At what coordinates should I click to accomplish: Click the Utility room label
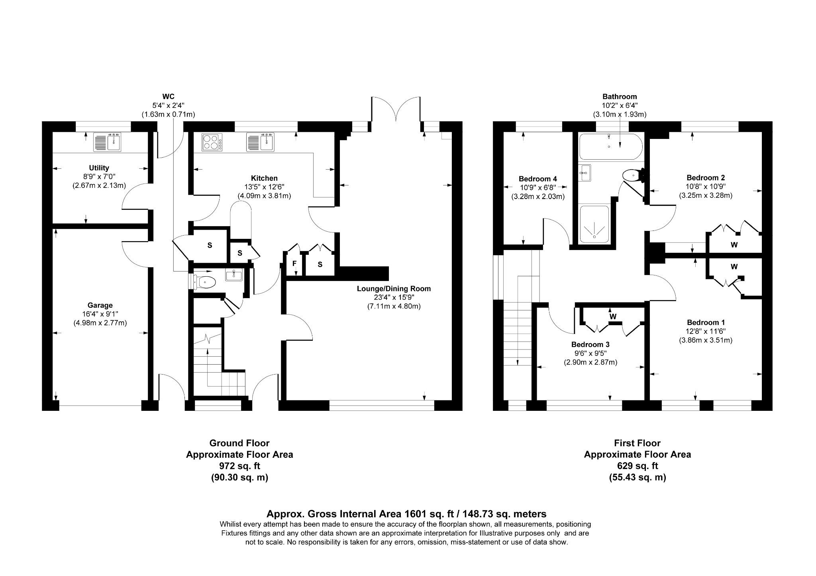pyautogui.click(x=99, y=168)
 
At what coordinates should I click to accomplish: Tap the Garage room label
pyautogui.click(x=100, y=305)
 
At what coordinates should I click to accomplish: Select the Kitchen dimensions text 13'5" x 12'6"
pyautogui.click(x=264, y=187)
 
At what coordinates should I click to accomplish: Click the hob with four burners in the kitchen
pyautogui.click(x=212, y=142)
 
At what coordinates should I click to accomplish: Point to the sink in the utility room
pyautogui.click(x=107, y=142)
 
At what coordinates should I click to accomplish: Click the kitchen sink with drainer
pyautogui.click(x=260, y=142)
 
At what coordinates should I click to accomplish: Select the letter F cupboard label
pyautogui.click(x=294, y=264)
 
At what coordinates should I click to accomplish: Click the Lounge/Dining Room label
pyautogui.click(x=394, y=289)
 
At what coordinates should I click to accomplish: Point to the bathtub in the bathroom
pyautogui.click(x=611, y=147)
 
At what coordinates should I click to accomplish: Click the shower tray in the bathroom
pyautogui.click(x=594, y=224)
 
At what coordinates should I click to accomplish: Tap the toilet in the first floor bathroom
pyautogui.click(x=634, y=175)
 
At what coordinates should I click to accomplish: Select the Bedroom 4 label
pyautogui.click(x=538, y=179)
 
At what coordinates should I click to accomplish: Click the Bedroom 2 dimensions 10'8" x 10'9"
pyautogui.click(x=706, y=187)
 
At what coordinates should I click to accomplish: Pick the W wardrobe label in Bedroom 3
pyautogui.click(x=613, y=316)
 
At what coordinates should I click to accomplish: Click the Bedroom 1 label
pyautogui.click(x=706, y=322)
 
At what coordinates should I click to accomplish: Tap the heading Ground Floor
pyautogui.click(x=239, y=443)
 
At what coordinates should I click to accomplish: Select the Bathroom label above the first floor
pyautogui.click(x=620, y=96)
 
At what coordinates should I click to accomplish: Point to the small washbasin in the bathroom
pyautogui.click(x=585, y=173)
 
